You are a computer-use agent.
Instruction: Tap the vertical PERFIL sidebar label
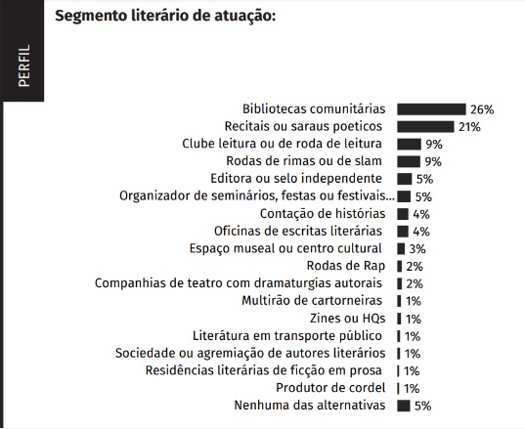(x=24, y=65)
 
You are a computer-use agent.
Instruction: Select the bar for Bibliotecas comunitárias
(x=431, y=109)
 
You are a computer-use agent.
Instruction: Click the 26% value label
(x=482, y=109)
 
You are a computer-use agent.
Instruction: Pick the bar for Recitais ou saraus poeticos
(x=425, y=127)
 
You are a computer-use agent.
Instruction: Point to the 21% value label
(x=469, y=127)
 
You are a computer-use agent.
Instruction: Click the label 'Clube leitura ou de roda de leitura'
(x=282, y=144)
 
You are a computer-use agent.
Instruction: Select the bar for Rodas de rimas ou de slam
(x=409, y=161)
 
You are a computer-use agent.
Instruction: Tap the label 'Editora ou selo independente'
(x=296, y=179)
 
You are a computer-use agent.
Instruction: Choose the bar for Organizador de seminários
(x=404, y=196)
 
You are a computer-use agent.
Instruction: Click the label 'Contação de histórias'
(x=323, y=213)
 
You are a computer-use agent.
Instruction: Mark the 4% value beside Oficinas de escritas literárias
(x=421, y=232)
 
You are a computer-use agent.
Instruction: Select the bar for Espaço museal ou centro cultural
(x=401, y=248)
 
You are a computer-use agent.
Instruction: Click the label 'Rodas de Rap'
(x=346, y=266)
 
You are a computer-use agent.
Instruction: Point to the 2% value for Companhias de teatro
(x=415, y=283)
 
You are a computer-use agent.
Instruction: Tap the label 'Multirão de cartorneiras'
(x=312, y=301)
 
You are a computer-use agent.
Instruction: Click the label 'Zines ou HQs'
(x=347, y=318)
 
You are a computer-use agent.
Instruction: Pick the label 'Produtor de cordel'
(x=330, y=388)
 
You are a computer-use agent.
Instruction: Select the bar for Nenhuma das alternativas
(x=404, y=406)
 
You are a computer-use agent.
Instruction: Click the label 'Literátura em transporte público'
(x=287, y=335)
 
